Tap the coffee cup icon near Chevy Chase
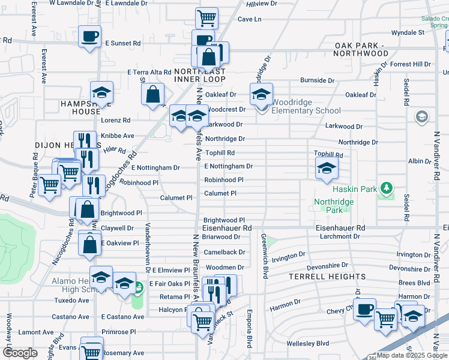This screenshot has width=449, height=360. click(364, 310)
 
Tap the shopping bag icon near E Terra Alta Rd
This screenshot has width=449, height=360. click(153, 93)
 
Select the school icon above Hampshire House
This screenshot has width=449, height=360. click(102, 92)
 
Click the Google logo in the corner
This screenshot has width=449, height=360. click(20, 352)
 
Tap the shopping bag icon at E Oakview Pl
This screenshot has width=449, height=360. click(90, 245)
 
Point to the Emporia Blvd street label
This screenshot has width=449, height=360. click(249, 328)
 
